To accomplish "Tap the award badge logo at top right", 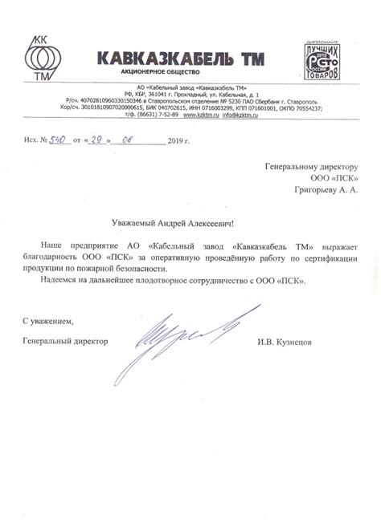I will (327, 57).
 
